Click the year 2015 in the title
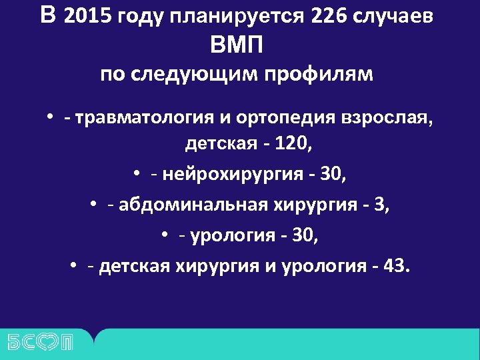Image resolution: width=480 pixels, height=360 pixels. [x=88, y=17]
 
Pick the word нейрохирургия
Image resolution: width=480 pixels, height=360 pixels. [x=227, y=175]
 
